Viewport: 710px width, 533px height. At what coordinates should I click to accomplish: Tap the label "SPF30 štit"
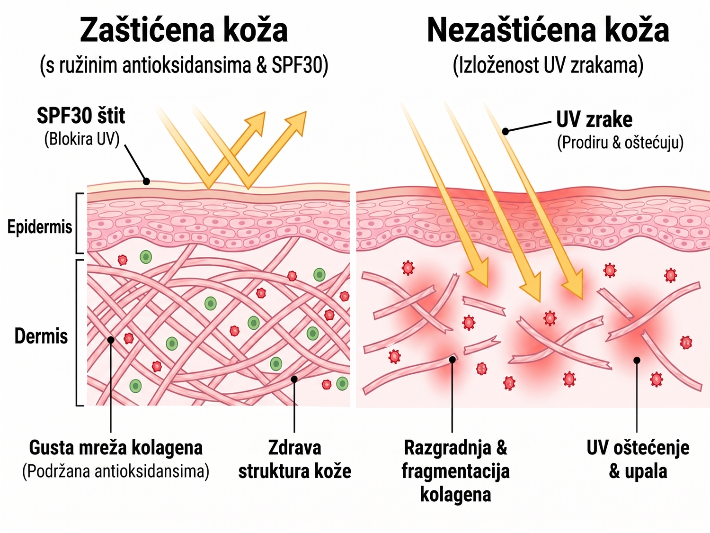pos(81,116)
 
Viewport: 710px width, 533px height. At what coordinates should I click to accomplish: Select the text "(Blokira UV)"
pos(82,139)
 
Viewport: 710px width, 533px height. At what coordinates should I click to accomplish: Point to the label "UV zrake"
pos(594,119)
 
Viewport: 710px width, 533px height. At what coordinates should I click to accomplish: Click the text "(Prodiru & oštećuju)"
pos(621,143)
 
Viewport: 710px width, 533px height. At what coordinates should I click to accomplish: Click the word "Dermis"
pos(41,336)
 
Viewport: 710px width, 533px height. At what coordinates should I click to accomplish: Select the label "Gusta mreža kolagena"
pos(116,448)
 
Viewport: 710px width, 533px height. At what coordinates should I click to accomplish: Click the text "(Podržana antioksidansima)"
pos(116,471)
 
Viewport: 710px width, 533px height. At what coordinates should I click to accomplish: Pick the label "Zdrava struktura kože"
pos(295,460)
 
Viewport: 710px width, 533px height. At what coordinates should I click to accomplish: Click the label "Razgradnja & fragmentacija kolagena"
pos(455,471)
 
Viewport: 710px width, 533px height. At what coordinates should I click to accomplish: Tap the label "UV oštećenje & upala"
pos(638,460)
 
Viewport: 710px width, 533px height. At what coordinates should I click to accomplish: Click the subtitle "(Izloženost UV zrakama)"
pos(548,66)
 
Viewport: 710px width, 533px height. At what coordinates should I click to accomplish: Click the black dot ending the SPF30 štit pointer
pos(147,181)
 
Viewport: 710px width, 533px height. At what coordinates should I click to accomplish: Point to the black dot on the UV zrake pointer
pos(505,131)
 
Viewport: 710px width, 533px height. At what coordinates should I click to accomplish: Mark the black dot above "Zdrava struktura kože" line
pos(294,379)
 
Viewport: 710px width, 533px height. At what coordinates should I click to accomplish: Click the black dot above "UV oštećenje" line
pos(637,360)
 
